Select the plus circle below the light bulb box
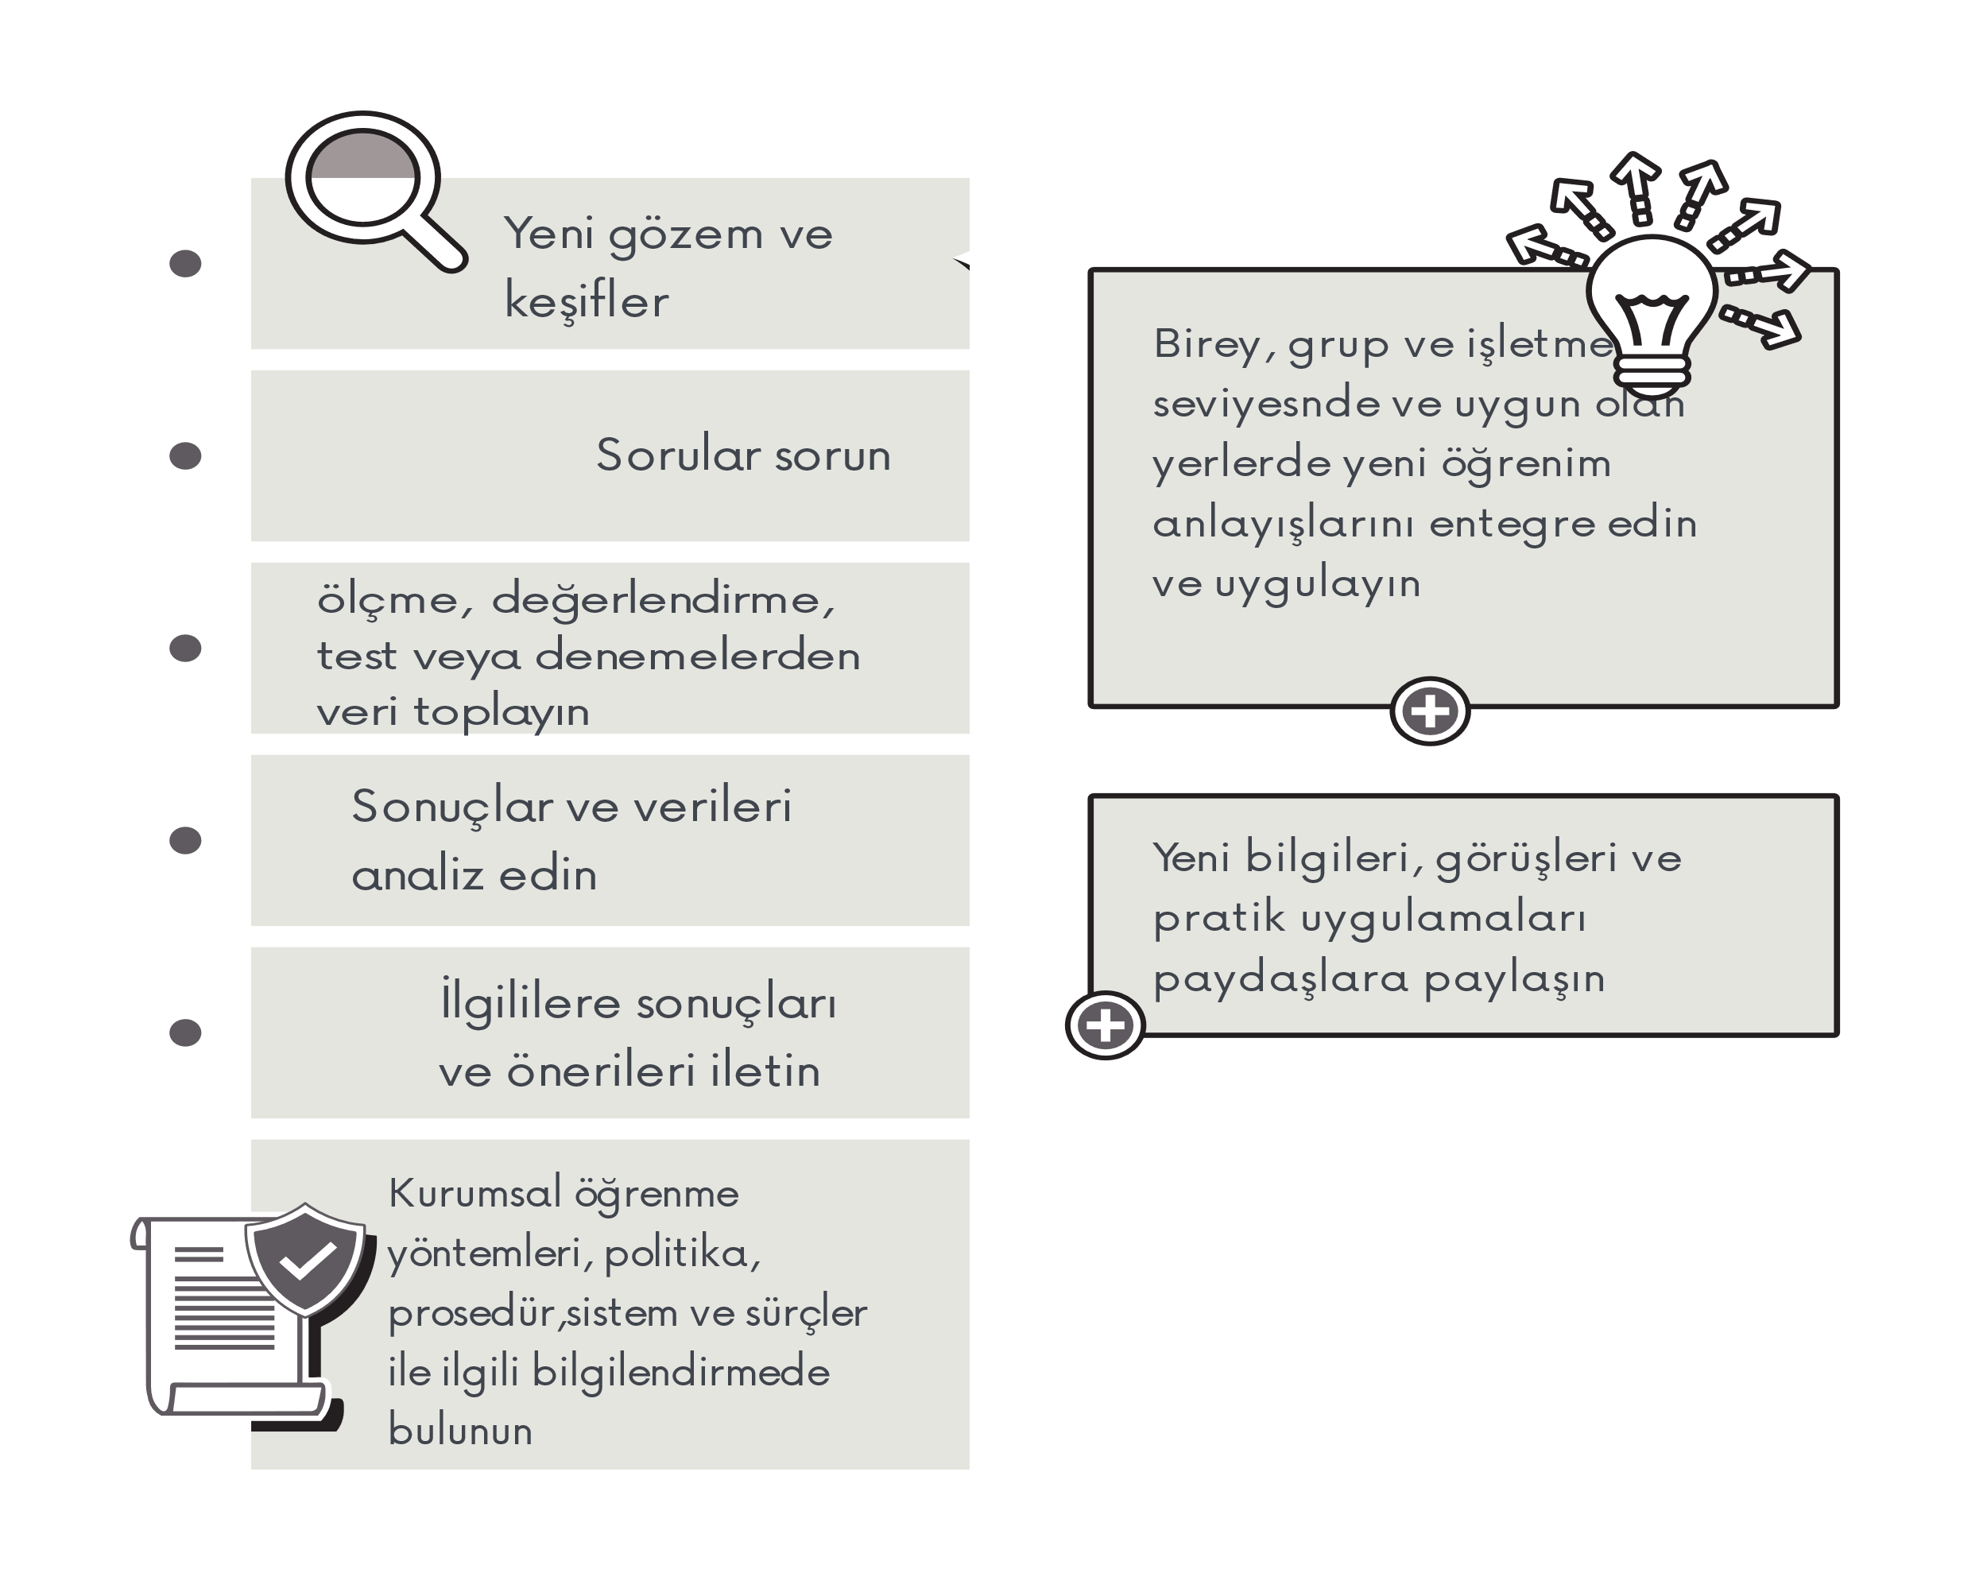tap(1429, 711)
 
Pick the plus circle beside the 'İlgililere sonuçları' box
tap(1104, 1025)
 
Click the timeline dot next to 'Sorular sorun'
tap(184, 455)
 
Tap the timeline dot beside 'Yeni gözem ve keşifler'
tap(184, 264)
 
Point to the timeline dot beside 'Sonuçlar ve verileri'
tap(184, 841)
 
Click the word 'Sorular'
tap(678, 455)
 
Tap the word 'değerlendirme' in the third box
tap(661, 601)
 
